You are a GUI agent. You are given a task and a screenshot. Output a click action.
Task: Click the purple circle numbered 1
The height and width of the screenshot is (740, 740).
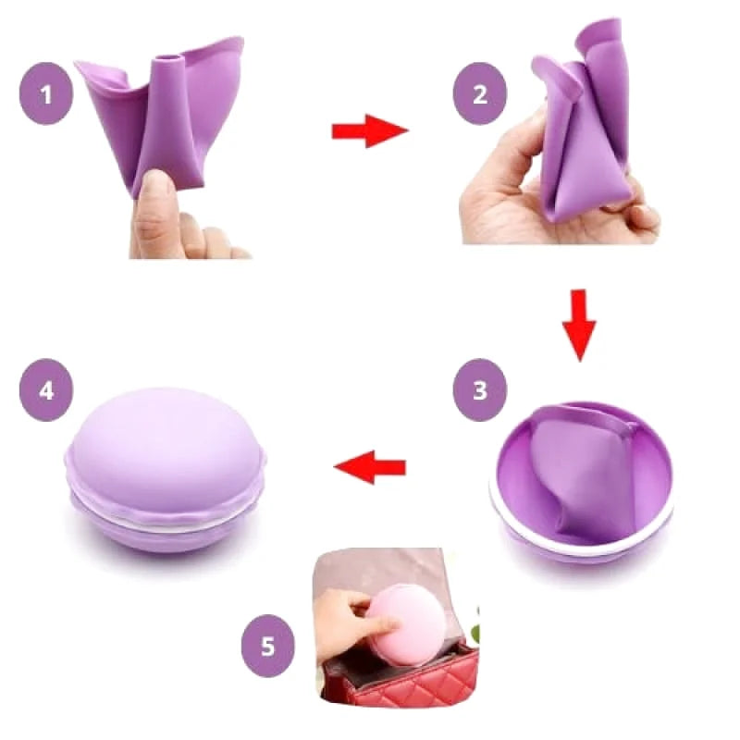click(46, 93)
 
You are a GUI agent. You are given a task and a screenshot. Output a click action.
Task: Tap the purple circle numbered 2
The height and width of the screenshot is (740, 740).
click(480, 93)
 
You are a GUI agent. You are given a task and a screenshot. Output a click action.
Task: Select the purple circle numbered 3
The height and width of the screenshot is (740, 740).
click(480, 389)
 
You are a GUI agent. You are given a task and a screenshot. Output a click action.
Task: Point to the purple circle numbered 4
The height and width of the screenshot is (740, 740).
click(46, 389)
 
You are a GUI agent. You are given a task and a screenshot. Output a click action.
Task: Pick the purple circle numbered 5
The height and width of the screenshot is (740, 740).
click(267, 646)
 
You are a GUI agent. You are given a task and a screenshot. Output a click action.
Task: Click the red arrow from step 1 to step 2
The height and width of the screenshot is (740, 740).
click(371, 131)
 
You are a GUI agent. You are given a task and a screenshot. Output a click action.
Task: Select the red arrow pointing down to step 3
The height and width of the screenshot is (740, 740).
click(579, 326)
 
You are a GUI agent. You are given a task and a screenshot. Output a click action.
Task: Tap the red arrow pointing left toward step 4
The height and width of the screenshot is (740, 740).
click(370, 467)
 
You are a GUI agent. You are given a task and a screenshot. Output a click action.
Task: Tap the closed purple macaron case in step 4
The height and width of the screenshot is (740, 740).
click(166, 471)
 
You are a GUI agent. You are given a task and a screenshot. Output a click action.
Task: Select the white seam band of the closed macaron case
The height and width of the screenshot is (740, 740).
click(166, 523)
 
